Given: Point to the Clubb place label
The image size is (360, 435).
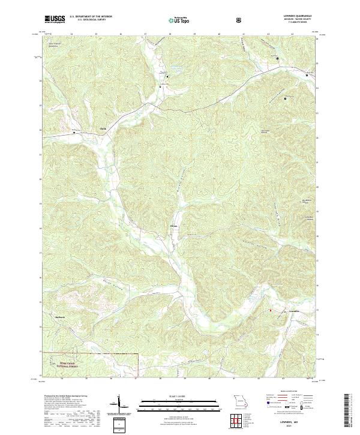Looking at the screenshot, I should (103, 128).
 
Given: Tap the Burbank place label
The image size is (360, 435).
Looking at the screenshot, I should (59, 316).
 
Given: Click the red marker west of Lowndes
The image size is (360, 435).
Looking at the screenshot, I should (270, 310).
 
